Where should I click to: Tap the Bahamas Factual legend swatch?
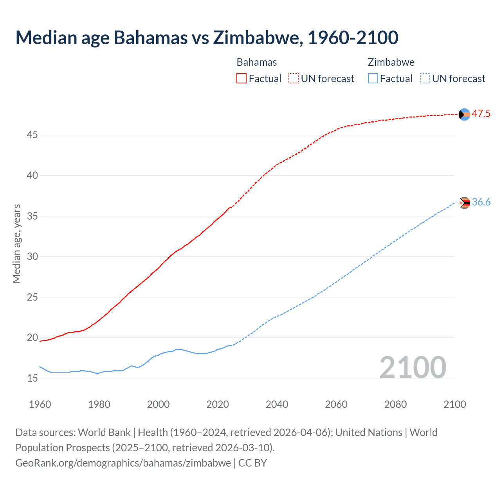point(241,79)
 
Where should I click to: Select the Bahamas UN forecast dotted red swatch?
point(294,79)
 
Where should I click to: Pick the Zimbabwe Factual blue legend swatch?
point(373,79)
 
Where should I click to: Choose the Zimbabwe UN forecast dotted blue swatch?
point(425,79)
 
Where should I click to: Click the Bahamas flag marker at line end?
point(464,114)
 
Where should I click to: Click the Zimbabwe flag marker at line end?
point(464,203)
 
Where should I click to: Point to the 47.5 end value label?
point(481,114)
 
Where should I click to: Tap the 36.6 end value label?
point(481,202)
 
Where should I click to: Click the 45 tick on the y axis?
point(32,135)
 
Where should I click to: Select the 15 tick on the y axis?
point(32,378)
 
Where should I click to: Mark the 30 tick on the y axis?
point(32,257)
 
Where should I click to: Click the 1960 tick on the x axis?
point(40,404)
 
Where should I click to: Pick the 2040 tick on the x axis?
point(277,404)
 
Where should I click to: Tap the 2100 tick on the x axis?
point(454,404)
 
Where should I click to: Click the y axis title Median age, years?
point(16,243)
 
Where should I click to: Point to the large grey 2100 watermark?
point(413,367)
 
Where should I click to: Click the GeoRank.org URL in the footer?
point(123,463)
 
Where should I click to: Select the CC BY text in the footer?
point(252,463)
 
